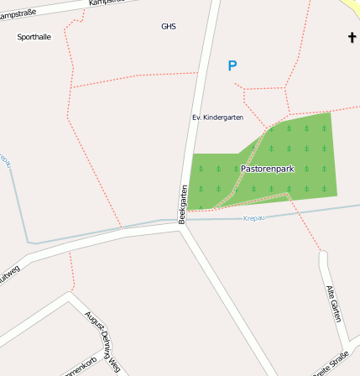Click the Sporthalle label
tap(34, 37)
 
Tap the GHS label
tap(169, 26)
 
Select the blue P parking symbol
tap(232, 65)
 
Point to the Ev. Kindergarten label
tap(217, 117)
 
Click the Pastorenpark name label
tap(267, 169)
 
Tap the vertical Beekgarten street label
tap(182, 204)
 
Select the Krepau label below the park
tap(254, 218)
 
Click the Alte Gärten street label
tap(334, 304)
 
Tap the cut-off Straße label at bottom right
tap(332, 365)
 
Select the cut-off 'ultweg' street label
tap(9, 275)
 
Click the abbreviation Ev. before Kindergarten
tap(197, 117)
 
